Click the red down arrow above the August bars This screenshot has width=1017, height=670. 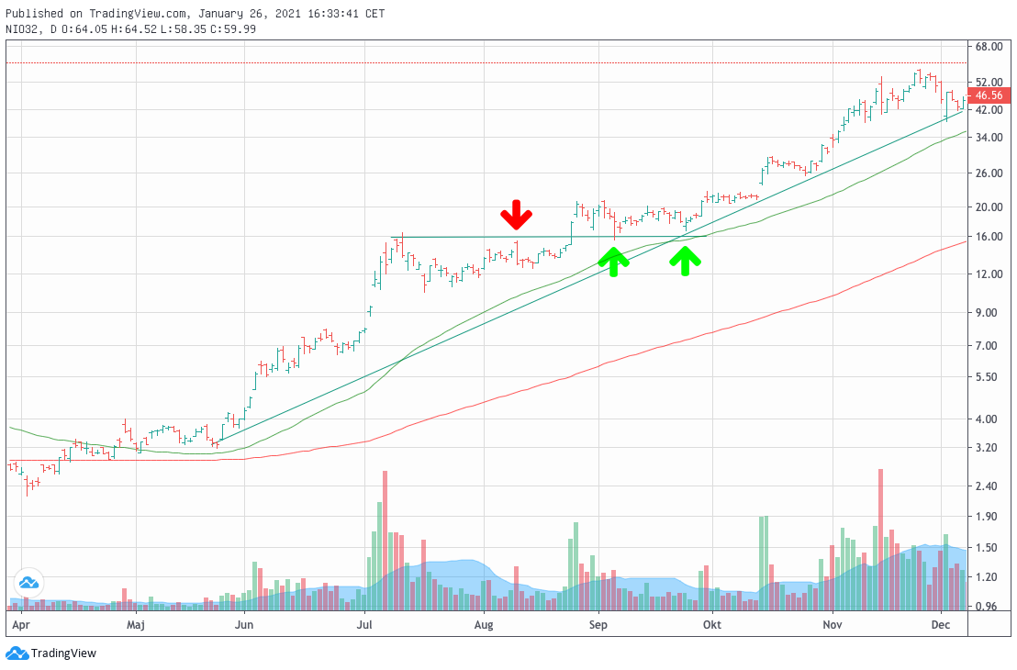pos(516,215)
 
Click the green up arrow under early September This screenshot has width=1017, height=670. pos(614,262)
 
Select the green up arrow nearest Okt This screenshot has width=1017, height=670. pos(685,262)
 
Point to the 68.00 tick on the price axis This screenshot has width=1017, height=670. pos(988,47)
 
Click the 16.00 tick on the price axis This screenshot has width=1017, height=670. pos(988,237)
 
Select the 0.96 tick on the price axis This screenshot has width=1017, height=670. pos(988,608)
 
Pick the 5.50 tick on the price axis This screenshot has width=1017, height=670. pos(988,377)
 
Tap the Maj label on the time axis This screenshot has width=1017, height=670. pos(136,625)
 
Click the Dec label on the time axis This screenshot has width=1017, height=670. pos(940,625)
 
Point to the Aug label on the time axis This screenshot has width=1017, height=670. pos(485,625)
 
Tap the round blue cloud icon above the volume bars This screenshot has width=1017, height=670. pos(28,582)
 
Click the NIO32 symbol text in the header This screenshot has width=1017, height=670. pos(21,28)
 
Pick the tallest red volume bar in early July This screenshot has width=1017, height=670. pos(385,541)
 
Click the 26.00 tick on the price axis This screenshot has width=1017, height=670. pos(988,173)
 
